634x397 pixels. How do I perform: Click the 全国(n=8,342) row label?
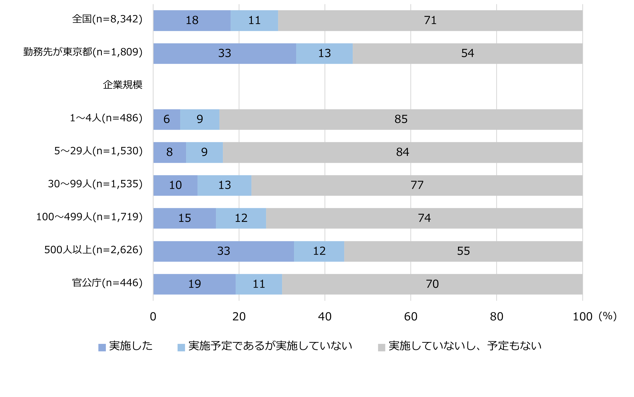107,19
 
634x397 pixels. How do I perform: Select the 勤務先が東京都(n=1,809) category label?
83,52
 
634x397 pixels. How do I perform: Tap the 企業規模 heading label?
123,85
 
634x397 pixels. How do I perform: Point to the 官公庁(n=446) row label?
107,283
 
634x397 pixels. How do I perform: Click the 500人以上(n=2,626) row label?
93,250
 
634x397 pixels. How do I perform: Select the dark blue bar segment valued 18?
192,21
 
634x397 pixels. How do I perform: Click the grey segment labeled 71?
430,21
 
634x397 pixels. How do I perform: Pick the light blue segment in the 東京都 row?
324,53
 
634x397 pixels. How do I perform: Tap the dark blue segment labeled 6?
167,119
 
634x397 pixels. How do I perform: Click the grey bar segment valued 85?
401,119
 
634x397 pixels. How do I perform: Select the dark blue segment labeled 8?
170,152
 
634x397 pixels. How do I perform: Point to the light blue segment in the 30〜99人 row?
224,185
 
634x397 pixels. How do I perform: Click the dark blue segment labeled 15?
184,218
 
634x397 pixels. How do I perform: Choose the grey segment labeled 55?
463,251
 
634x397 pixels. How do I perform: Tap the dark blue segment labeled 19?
194,284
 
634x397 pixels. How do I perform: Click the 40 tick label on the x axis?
325,317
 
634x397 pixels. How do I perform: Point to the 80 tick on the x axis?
496,317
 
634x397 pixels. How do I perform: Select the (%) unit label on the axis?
608,316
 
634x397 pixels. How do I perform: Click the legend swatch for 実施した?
102,347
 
